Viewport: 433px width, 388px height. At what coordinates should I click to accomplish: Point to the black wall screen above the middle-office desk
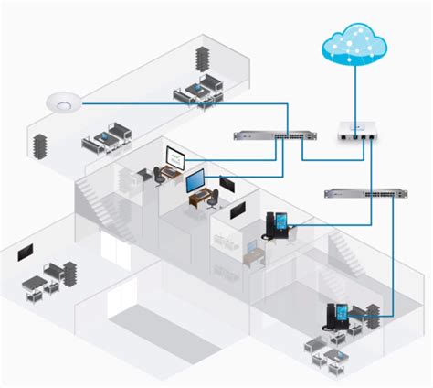click(x=237, y=210)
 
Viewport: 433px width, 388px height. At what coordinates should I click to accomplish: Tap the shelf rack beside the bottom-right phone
click(x=373, y=313)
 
